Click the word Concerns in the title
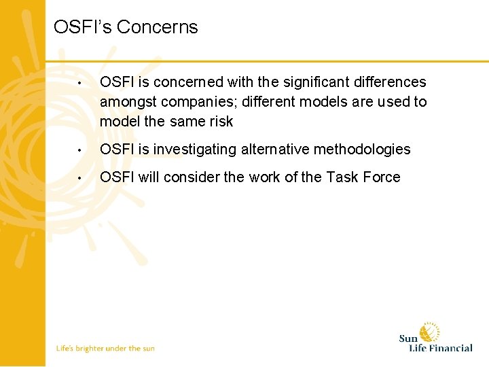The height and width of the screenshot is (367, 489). pos(158,27)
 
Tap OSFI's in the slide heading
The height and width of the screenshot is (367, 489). pos(83,27)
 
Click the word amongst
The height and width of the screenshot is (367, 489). pos(128,102)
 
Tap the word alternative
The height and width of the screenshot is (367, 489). pos(273,150)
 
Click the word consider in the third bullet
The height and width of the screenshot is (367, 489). pos(194,177)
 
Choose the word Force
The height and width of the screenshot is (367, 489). pos(382,177)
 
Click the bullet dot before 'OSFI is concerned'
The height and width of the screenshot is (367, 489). pos(79,84)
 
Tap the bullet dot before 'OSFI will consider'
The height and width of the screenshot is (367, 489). pos(79,179)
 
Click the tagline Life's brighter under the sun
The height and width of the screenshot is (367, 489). pos(105,349)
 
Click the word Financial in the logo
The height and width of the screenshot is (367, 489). pos(450,348)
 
